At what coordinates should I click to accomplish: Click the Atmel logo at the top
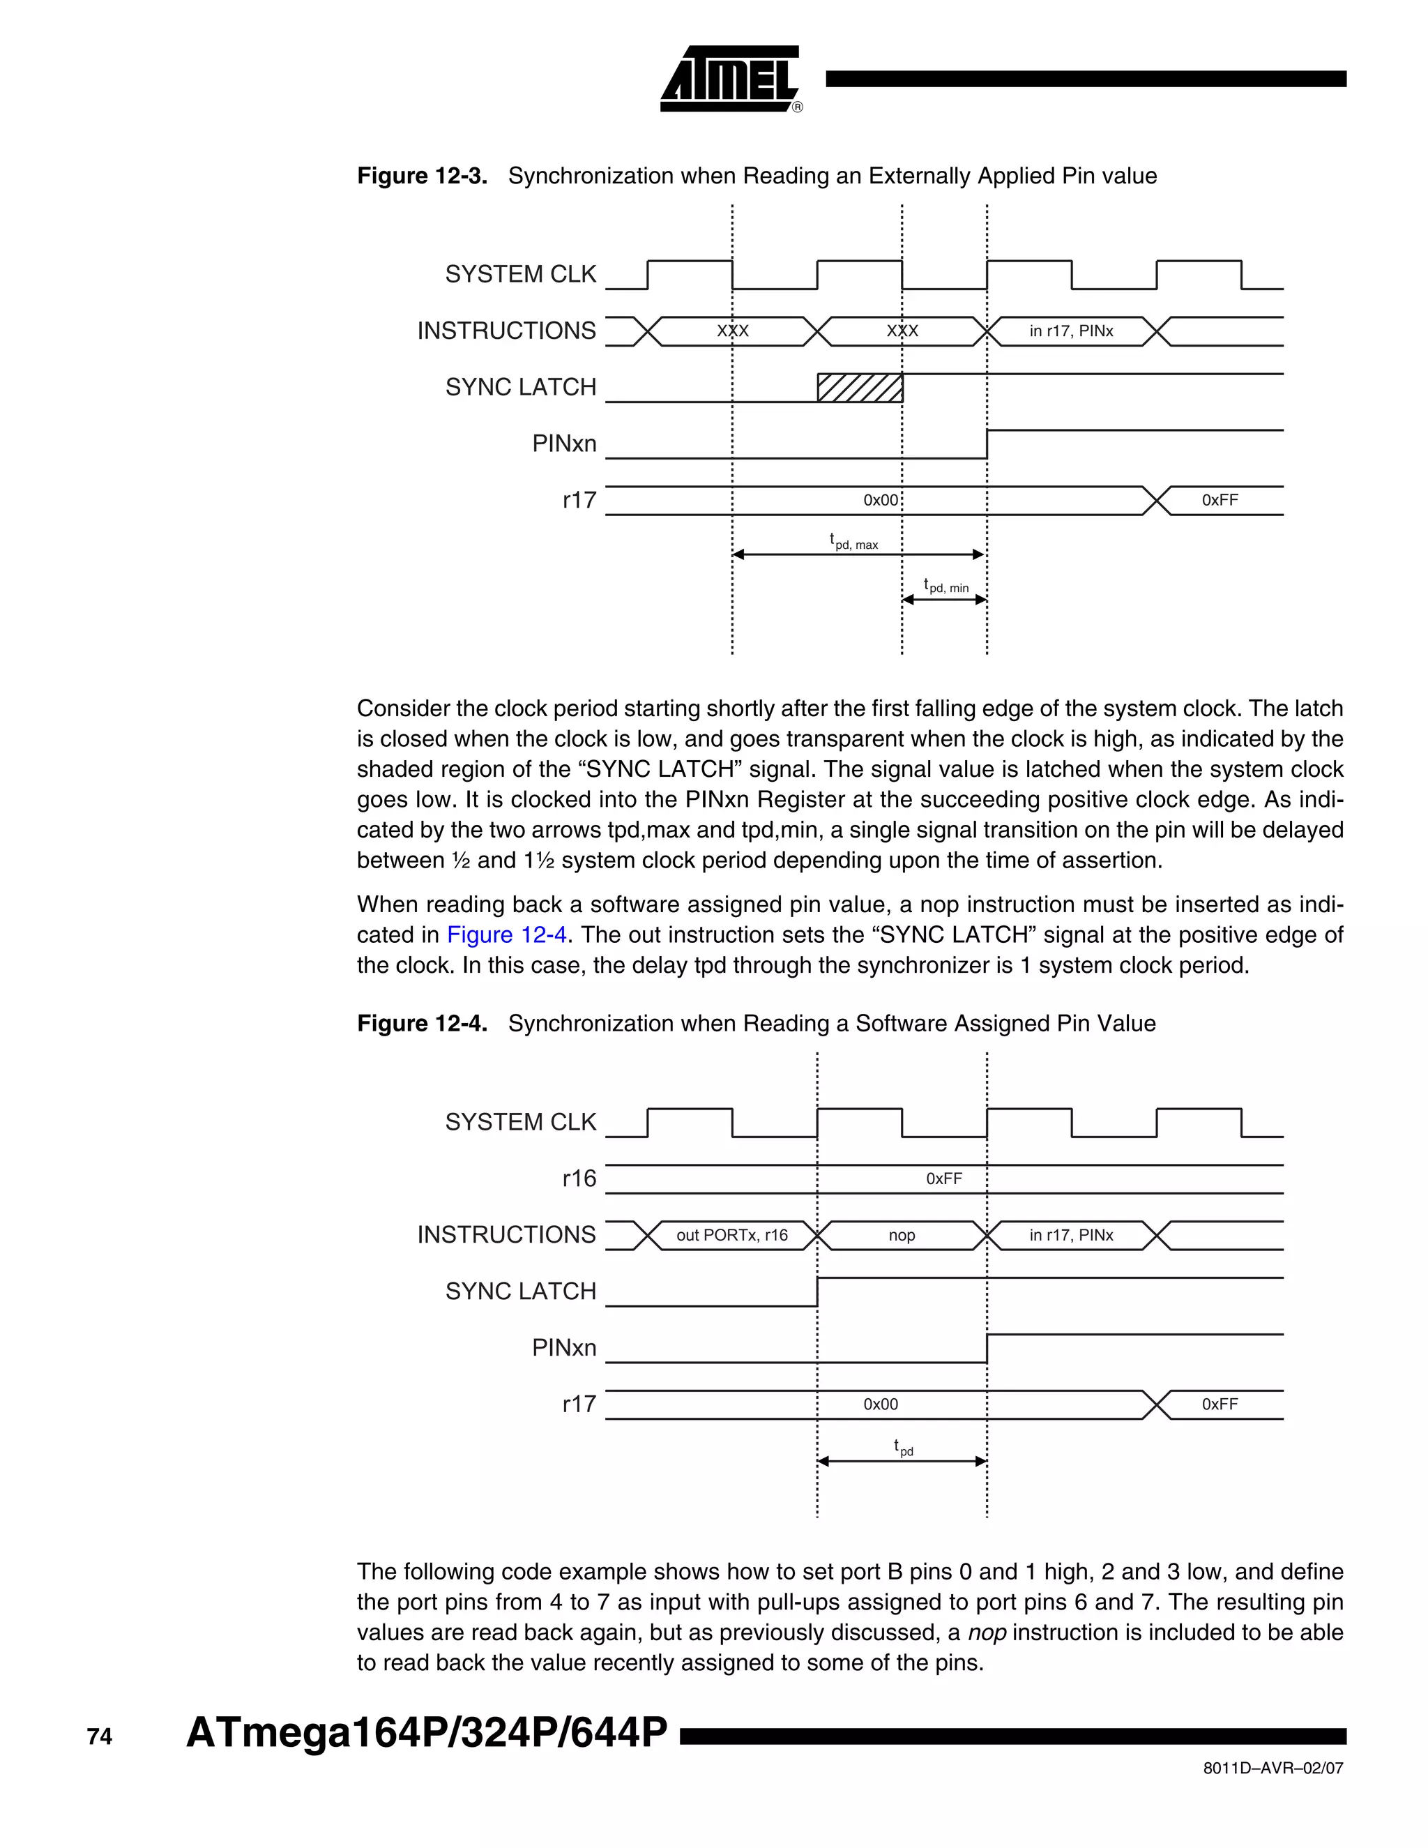click(729, 79)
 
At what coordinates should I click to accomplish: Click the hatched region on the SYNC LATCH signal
click(860, 388)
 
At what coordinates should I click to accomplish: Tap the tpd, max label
click(853, 542)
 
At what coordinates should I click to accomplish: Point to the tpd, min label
click(945, 586)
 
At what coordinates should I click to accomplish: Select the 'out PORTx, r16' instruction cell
click(731, 1236)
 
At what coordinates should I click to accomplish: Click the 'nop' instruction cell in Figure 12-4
click(902, 1236)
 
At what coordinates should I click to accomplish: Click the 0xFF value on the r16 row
click(944, 1179)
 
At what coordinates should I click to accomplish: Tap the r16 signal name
click(579, 1179)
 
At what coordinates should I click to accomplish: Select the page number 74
click(99, 1736)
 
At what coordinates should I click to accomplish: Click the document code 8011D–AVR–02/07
click(1273, 1768)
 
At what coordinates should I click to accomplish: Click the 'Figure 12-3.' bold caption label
click(422, 176)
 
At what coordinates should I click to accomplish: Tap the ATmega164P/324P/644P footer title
click(426, 1733)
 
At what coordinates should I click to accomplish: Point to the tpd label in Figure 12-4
click(904, 1448)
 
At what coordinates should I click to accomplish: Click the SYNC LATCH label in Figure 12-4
click(520, 1292)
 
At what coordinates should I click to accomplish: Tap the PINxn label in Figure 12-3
click(563, 444)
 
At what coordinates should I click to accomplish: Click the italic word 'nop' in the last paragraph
click(987, 1633)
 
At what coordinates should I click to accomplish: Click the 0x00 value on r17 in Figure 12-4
click(881, 1404)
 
